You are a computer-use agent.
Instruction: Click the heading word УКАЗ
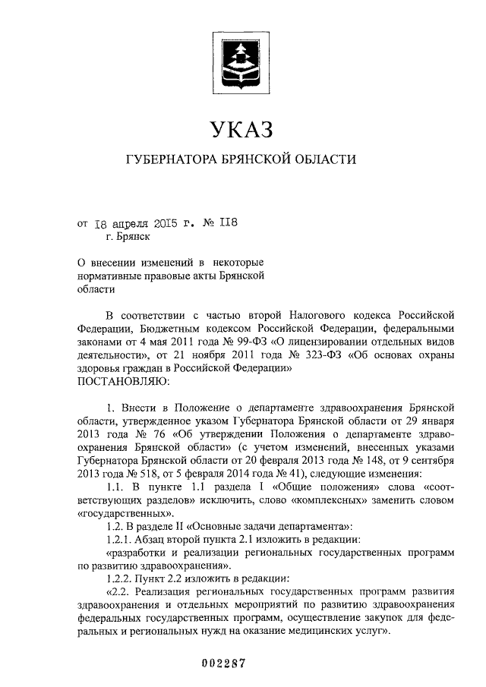point(241,131)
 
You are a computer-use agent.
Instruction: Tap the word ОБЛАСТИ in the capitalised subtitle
point(324,160)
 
